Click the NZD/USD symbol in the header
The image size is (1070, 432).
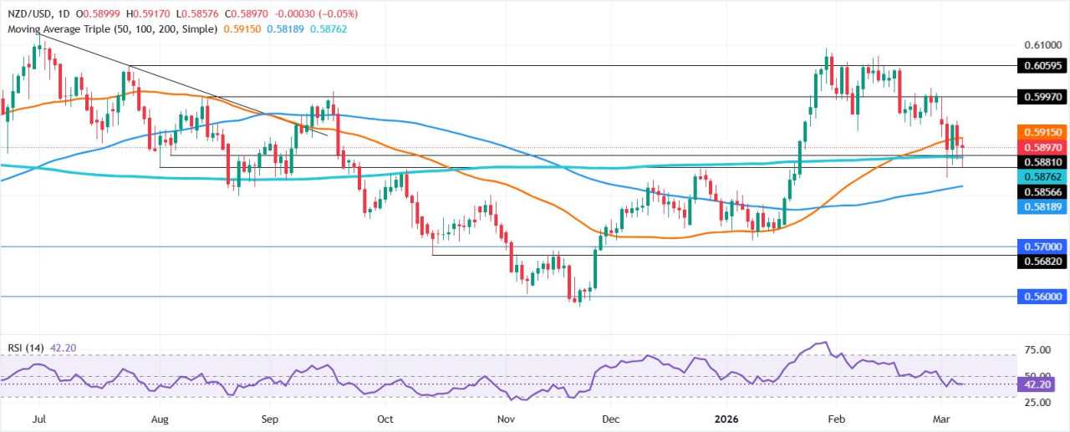click(x=28, y=13)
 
